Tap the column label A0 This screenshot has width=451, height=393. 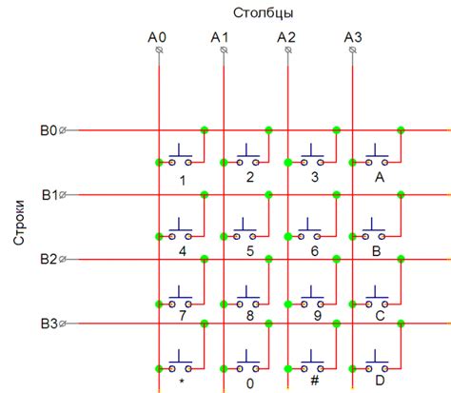click(x=157, y=38)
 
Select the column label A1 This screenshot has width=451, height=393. click(x=221, y=38)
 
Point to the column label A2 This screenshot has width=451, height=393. click(x=286, y=38)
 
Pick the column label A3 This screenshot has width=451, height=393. click(x=352, y=38)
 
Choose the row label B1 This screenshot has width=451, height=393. click(x=49, y=195)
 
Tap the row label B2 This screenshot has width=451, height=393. click(x=49, y=259)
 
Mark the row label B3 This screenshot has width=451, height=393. click(x=49, y=324)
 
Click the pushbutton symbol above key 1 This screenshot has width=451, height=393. click(x=181, y=156)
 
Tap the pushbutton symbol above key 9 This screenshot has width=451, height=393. click(x=312, y=291)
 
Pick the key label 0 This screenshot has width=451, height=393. click(x=249, y=384)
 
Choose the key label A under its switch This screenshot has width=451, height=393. click(x=379, y=178)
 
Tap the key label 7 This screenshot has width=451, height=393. click(x=182, y=315)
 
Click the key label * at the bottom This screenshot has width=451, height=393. click(x=182, y=381)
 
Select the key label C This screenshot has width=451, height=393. click(x=379, y=315)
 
